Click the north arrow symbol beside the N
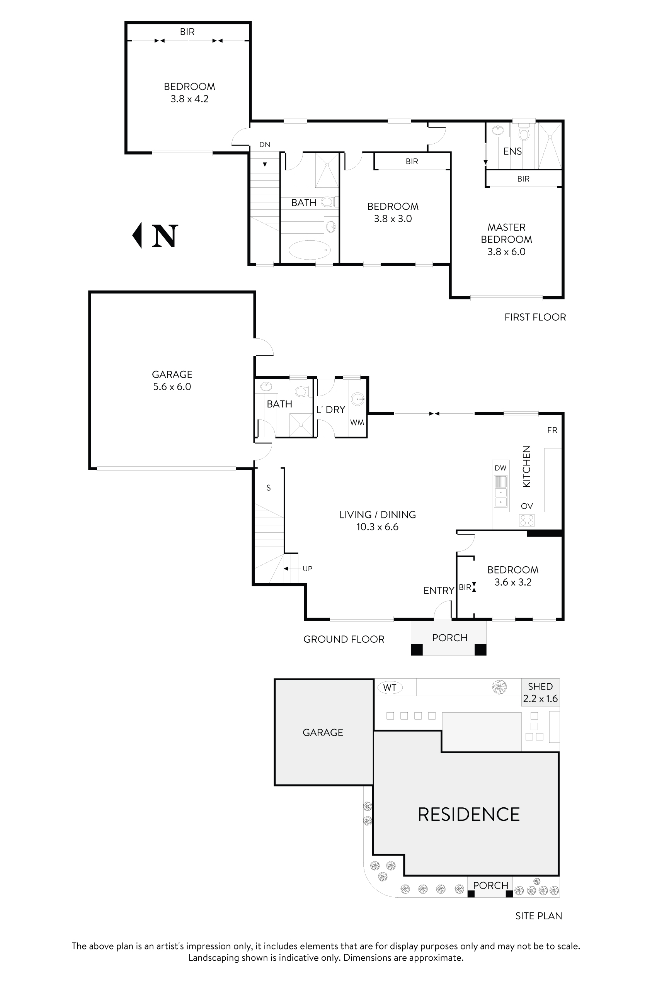pyautogui.click(x=138, y=235)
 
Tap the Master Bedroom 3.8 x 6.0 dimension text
pyautogui.click(x=506, y=252)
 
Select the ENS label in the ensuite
pyautogui.click(x=512, y=151)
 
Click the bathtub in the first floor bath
pyautogui.click(x=310, y=250)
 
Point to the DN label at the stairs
pyautogui.click(x=264, y=145)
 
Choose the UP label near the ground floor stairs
pyautogui.click(x=307, y=569)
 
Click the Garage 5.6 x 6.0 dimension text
pyautogui.click(x=172, y=387)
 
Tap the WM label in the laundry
pyautogui.click(x=357, y=423)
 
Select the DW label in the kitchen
pyautogui.click(x=500, y=468)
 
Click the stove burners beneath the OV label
pyautogui.click(x=527, y=520)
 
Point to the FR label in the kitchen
pyautogui.click(x=552, y=430)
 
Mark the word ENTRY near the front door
pyautogui.click(x=438, y=591)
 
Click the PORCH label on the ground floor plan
pyautogui.click(x=449, y=638)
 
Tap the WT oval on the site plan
pyautogui.click(x=390, y=688)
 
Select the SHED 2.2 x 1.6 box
pyautogui.click(x=540, y=693)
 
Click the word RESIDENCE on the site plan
pyautogui.click(x=468, y=815)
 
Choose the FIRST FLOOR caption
pyautogui.click(x=534, y=317)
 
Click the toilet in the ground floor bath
pyautogui.click(x=301, y=392)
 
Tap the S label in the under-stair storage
pyautogui.click(x=269, y=488)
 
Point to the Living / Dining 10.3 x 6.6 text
pyautogui.click(x=378, y=521)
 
